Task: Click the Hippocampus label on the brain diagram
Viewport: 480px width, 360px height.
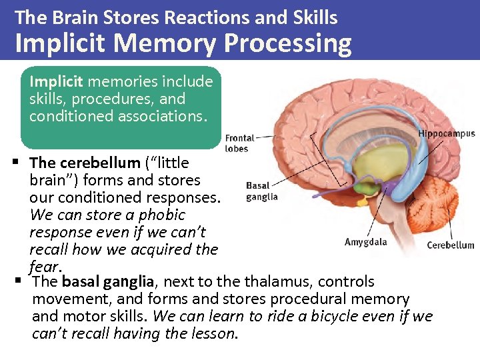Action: coord(446,133)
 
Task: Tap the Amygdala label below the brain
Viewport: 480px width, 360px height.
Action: coord(365,241)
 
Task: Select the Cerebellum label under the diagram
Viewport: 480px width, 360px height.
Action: coord(451,245)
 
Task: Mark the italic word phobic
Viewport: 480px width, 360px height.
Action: coord(161,215)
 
